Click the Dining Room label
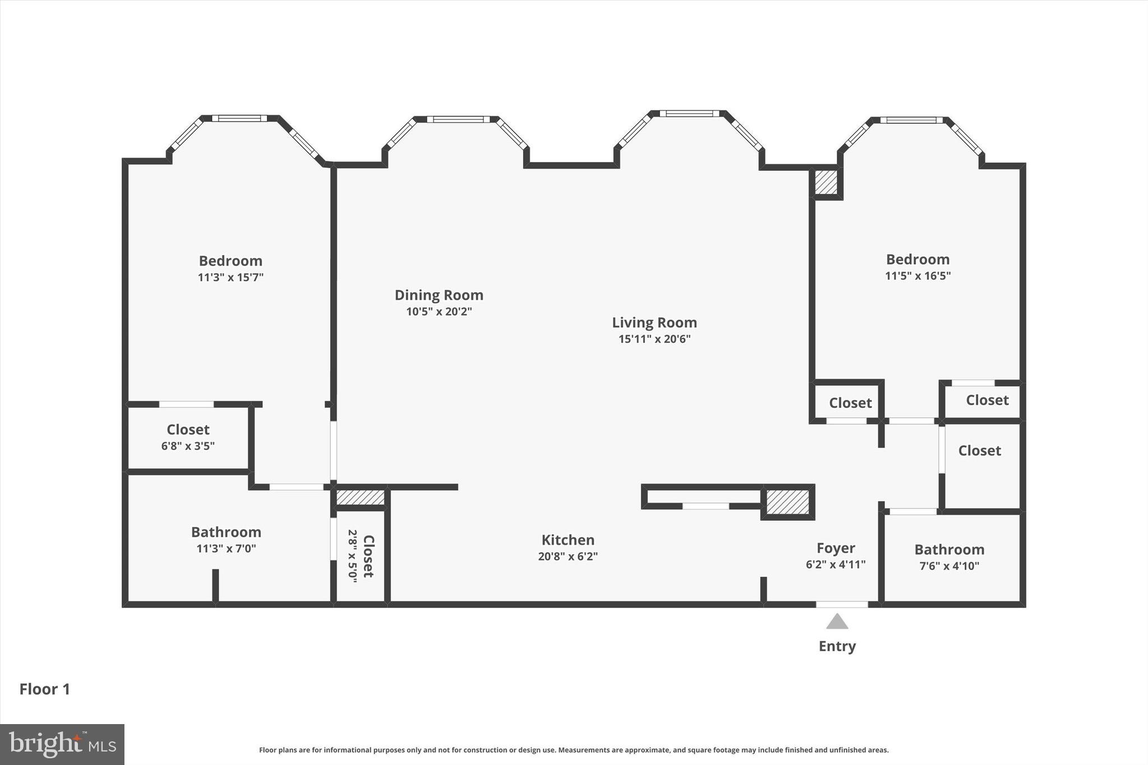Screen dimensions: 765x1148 tap(439, 295)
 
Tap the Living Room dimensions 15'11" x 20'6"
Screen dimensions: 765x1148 tap(654, 339)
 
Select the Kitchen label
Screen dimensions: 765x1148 tap(568, 540)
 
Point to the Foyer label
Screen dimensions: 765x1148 tap(835, 548)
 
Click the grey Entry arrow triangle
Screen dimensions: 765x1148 tap(837, 622)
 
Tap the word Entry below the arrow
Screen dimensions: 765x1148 tap(837, 646)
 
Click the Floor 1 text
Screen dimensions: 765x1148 tap(45, 689)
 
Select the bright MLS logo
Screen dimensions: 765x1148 tap(62, 744)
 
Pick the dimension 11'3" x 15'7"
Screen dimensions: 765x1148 tap(230, 277)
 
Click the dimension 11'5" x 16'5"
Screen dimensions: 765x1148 tap(918, 276)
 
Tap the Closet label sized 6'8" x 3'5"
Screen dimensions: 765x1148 tap(188, 430)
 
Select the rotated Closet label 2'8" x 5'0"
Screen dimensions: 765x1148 tap(368, 556)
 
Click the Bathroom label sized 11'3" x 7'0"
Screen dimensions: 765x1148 tap(226, 532)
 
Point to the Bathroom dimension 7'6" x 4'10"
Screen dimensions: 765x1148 tap(949, 566)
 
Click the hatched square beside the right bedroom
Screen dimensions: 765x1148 tap(826, 183)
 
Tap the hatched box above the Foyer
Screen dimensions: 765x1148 tap(788, 502)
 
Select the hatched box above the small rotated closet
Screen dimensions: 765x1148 tap(360, 497)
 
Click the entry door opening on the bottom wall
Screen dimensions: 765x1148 tap(841, 604)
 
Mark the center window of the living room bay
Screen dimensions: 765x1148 tap(689, 114)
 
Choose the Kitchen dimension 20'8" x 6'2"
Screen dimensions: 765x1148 tap(568, 557)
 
